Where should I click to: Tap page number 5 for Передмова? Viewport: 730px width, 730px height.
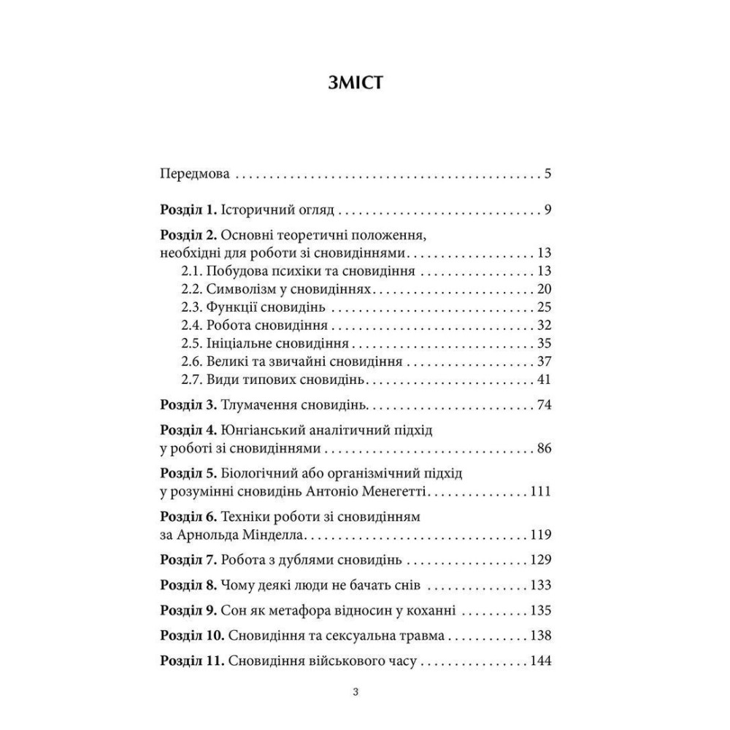(x=547, y=175)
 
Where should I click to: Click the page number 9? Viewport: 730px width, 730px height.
(x=547, y=211)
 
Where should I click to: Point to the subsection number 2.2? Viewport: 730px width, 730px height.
(x=191, y=289)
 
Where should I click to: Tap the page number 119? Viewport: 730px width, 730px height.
(x=539, y=535)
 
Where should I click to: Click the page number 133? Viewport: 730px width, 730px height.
(x=539, y=585)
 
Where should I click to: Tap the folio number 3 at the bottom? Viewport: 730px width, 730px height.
(x=356, y=693)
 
